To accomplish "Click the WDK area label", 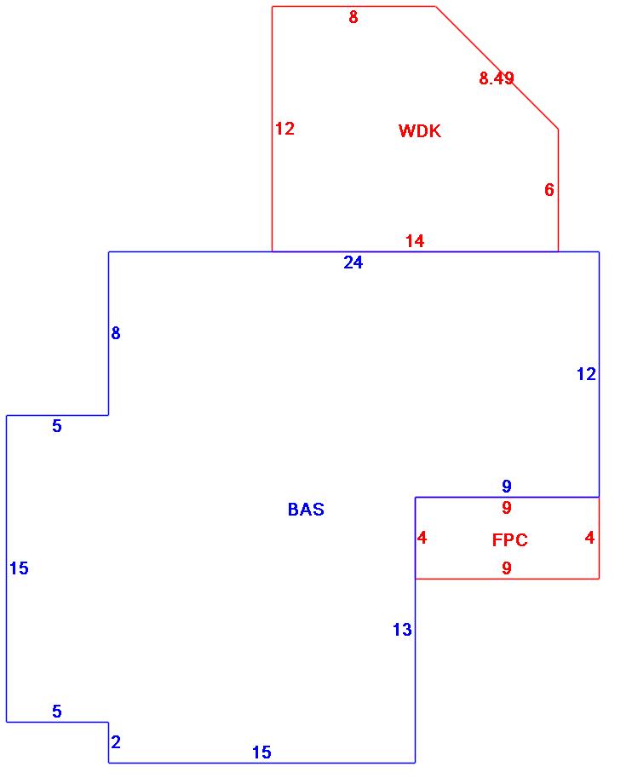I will pyautogui.click(x=420, y=131).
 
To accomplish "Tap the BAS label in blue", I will pyautogui.click(x=306, y=510).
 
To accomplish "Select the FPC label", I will pyautogui.click(x=509, y=540).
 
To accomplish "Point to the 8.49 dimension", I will pyautogui.click(x=497, y=78).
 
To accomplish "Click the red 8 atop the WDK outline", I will pyautogui.click(x=353, y=17).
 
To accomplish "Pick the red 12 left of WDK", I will pyautogui.click(x=285, y=129).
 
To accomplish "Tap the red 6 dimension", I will pyautogui.click(x=549, y=190).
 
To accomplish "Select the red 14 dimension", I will pyautogui.click(x=415, y=241).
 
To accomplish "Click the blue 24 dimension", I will pyautogui.click(x=353, y=262).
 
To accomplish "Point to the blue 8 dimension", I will pyautogui.click(x=116, y=333).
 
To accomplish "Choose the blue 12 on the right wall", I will pyautogui.click(x=586, y=373).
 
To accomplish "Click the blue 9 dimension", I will pyautogui.click(x=507, y=487).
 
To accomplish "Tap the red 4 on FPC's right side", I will pyautogui.click(x=589, y=538).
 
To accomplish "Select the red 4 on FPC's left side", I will pyautogui.click(x=422, y=538).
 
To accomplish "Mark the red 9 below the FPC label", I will pyautogui.click(x=507, y=568).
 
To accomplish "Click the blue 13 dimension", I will pyautogui.click(x=402, y=630).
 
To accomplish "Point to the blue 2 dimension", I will pyautogui.click(x=116, y=742).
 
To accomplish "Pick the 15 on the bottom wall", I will pyautogui.click(x=262, y=752).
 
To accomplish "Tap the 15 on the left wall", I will pyautogui.click(x=19, y=568).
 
